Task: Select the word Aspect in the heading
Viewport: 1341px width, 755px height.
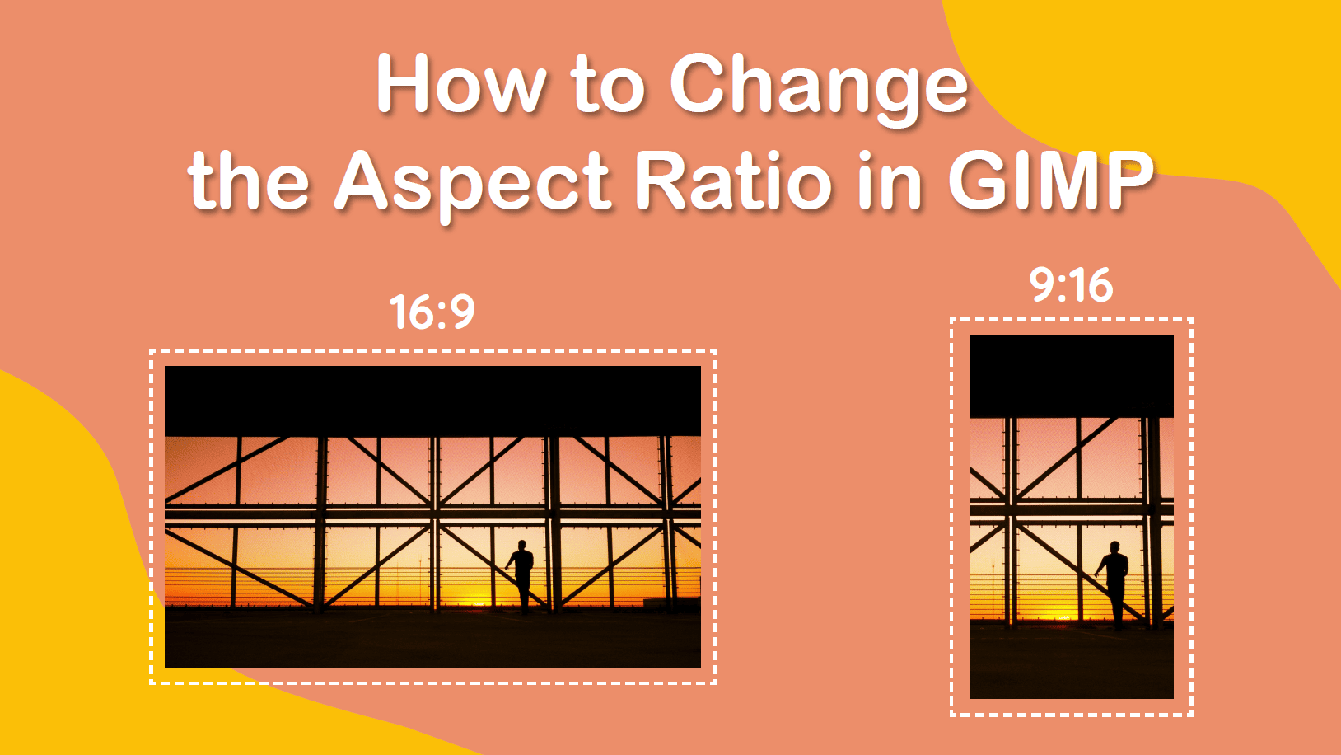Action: click(473, 183)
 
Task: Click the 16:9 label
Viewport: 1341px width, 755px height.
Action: click(432, 312)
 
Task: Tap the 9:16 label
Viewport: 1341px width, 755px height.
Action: click(1071, 285)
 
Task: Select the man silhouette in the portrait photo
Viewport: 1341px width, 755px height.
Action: click(1114, 582)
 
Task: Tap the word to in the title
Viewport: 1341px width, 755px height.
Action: click(607, 86)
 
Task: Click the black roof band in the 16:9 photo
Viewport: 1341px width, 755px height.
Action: click(432, 401)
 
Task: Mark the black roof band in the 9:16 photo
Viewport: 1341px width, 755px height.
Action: click(1071, 376)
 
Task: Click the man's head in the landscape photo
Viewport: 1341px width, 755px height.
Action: click(521, 546)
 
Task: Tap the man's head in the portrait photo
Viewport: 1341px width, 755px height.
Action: click(1114, 546)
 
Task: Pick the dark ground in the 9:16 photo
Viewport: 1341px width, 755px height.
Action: click(1071, 664)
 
